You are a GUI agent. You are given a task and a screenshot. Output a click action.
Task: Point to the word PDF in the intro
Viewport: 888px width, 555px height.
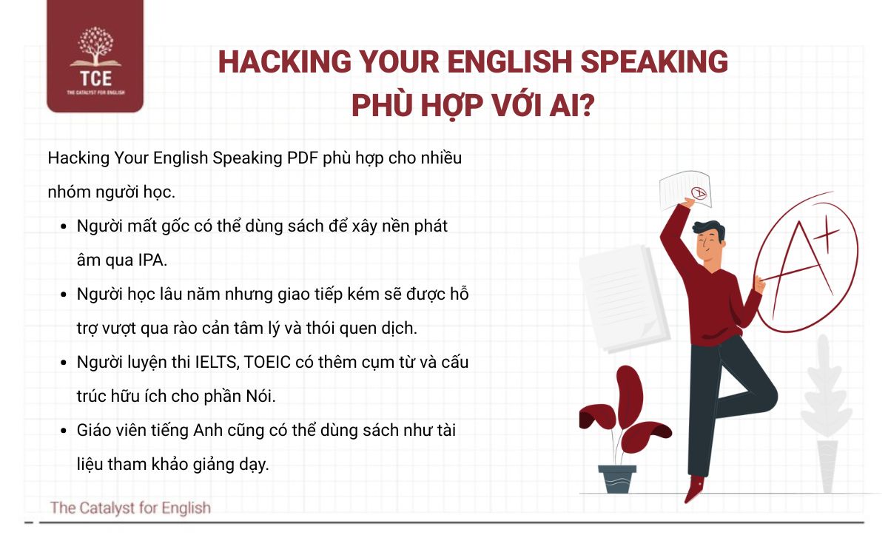303,158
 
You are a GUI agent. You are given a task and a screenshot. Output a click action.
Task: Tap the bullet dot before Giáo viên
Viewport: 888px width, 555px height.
63,431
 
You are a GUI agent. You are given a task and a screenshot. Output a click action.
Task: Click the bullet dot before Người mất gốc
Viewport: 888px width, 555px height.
63,226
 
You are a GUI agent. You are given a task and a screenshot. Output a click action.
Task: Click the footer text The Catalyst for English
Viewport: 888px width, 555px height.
130,508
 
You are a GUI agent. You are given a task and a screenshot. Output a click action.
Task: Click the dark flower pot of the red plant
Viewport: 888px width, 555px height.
617,479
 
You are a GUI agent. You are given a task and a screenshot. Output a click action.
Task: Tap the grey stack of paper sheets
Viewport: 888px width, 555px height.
622,296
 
